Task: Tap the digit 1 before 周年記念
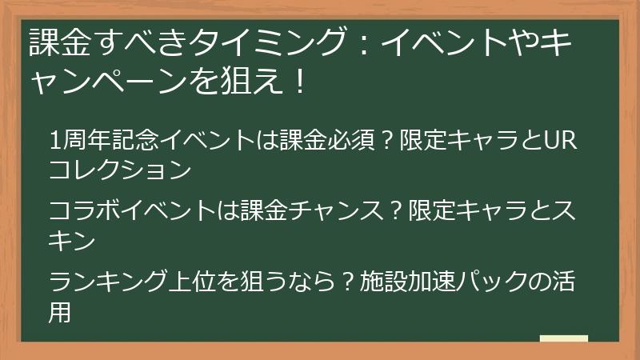(54, 142)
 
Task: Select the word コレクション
(120, 170)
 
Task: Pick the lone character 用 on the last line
(60, 310)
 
